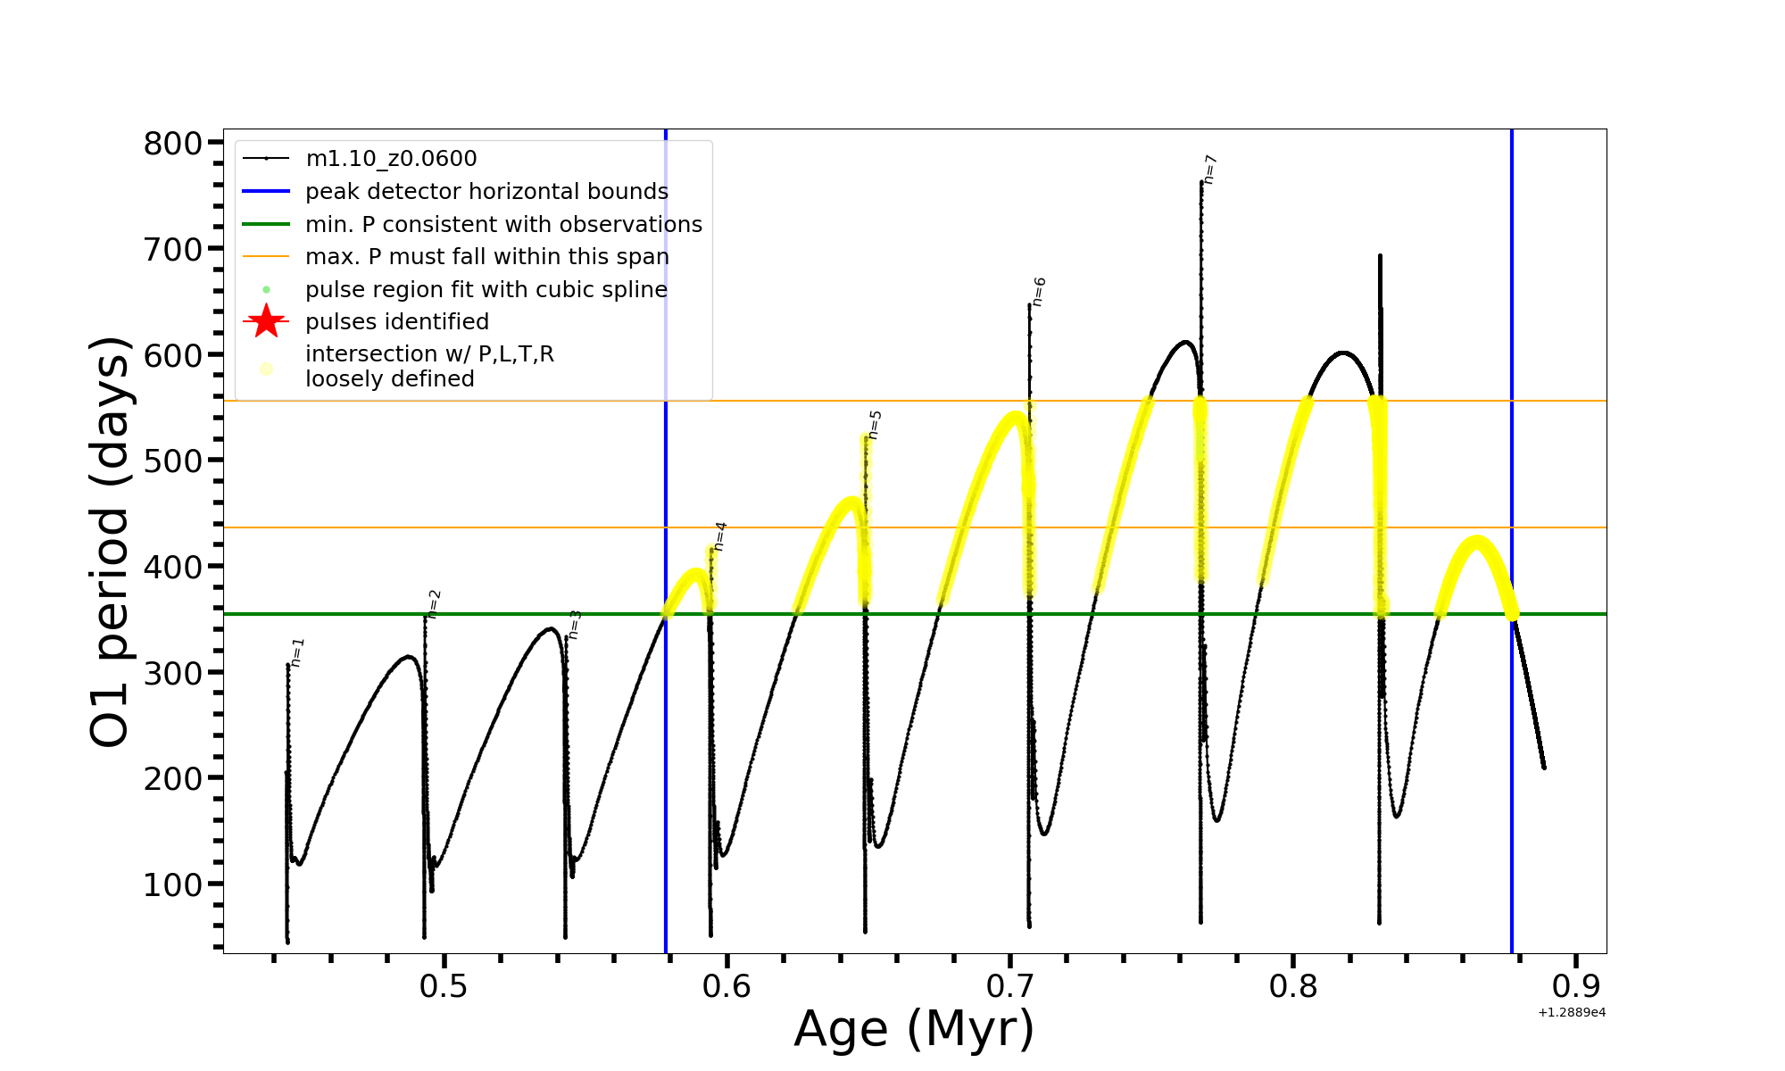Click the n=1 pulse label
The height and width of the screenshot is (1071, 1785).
click(x=298, y=652)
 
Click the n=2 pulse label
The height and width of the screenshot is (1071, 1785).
click(x=434, y=604)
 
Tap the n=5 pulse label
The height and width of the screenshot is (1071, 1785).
click(x=875, y=425)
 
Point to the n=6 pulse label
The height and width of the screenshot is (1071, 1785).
click(x=1039, y=292)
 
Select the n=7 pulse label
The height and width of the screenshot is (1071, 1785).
click(x=1210, y=169)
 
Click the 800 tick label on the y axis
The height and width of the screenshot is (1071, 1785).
click(x=173, y=143)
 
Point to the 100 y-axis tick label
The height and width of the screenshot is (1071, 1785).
click(x=173, y=884)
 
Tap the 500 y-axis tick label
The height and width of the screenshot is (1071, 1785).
click(x=173, y=461)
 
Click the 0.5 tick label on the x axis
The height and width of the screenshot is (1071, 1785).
click(x=444, y=987)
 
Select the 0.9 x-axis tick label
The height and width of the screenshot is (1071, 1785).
click(x=1576, y=987)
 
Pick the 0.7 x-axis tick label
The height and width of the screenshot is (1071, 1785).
click(x=1010, y=987)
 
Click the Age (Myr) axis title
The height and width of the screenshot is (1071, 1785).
click(x=914, y=1029)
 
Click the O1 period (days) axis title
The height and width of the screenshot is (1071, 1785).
click(x=111, y=541)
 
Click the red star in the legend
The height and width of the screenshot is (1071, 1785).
click(x=266, y=321)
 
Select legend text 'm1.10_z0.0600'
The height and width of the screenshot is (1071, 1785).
click(x=391, y=159)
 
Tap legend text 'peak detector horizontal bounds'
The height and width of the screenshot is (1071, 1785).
click(x=486, y=192)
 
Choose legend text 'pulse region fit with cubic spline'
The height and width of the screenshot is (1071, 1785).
click(x=486, y=290)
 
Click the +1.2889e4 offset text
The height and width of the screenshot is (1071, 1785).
click(x=1572, y=1012)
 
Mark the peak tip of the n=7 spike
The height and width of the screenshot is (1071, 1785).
click(x=1201, y=182)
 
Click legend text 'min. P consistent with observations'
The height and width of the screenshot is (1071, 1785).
click(x=503, y=225)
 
